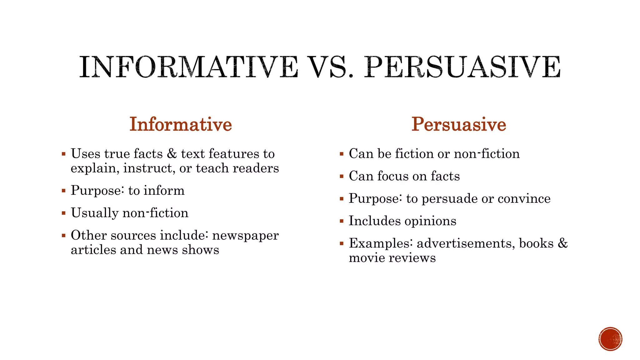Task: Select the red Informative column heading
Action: coord(181,124)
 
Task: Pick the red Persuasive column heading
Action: coord(458,124)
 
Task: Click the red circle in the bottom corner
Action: coord(610,339)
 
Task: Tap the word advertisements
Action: coord(466,243)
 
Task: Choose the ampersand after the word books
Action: coord(562,243)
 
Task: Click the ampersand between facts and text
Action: coord(172,154)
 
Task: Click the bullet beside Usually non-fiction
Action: coord(63,213)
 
